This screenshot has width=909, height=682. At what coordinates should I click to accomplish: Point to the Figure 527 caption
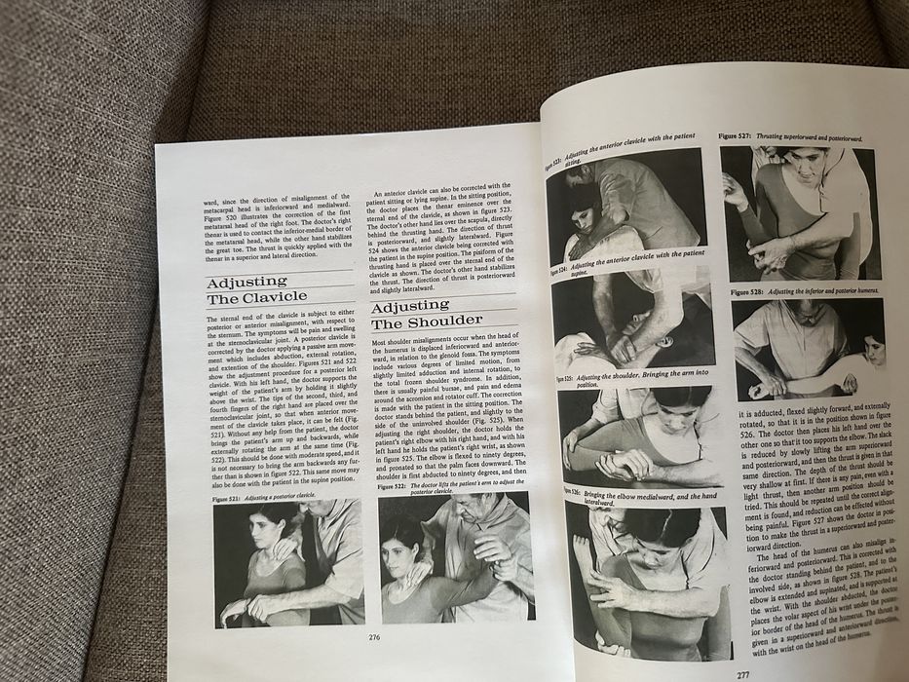(x=789, y=137)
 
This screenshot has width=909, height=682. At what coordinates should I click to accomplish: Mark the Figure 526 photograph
(x=647, y=575)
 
